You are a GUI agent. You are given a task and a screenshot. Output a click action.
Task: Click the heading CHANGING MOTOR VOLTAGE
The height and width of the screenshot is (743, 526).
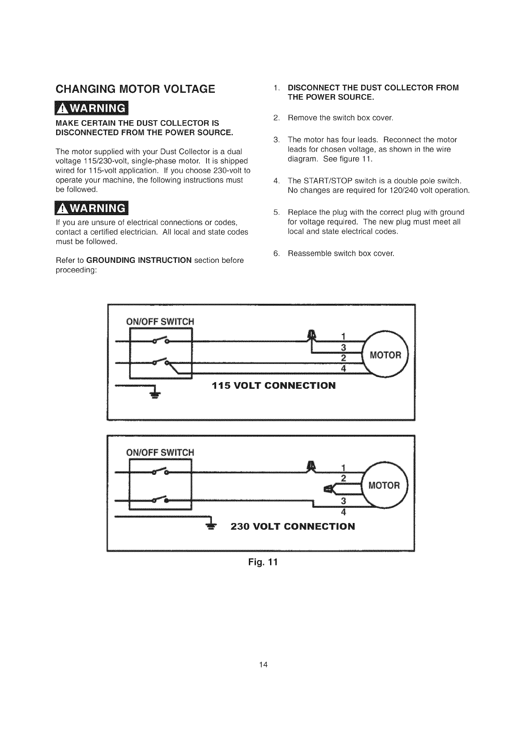[135, 89]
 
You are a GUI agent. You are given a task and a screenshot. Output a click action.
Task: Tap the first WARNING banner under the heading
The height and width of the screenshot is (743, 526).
[91, 108]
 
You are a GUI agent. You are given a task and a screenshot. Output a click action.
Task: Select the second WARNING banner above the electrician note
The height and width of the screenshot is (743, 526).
[91, 208]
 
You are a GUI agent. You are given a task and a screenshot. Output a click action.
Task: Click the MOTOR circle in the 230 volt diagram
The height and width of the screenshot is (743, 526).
[385, 485]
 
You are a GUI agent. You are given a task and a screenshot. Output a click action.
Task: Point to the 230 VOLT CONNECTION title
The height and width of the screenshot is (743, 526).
[293, 526]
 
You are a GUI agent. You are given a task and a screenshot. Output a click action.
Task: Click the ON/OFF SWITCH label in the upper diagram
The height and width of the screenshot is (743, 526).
[160, 321]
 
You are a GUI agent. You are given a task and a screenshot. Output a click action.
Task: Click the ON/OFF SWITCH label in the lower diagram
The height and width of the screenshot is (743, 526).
[160, 452]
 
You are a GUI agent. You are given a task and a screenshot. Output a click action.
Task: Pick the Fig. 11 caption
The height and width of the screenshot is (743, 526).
[263, 562]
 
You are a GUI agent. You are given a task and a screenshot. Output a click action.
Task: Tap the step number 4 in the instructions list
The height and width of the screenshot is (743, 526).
[276, 181]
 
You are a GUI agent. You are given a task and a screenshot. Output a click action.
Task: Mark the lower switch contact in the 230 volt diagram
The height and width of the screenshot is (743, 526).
[160, 499]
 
